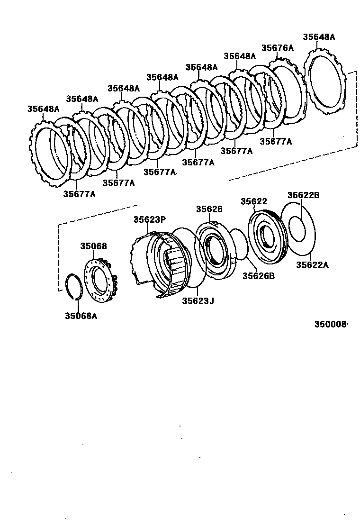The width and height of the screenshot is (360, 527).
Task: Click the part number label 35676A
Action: (278, 47)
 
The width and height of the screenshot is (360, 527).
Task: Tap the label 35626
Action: (210, 209)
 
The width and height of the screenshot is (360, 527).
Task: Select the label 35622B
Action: (304, 195)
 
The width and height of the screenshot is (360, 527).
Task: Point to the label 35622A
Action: (312, 265)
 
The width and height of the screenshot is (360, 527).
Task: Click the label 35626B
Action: (259, 275)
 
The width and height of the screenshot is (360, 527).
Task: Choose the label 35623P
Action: (149, 219)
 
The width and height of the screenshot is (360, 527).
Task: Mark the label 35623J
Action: (198, 300)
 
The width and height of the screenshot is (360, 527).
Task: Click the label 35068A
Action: (81, 316)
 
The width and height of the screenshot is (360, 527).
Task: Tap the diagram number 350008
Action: (331, 324)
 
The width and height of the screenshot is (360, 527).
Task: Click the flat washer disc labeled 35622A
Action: (298, 227)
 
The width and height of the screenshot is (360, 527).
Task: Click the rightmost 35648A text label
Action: (319, 36)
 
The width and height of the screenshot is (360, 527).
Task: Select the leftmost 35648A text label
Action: (43, 109)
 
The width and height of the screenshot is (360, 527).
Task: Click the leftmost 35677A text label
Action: (79, 194)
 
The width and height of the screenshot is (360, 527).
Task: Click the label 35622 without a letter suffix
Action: (254, 201)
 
